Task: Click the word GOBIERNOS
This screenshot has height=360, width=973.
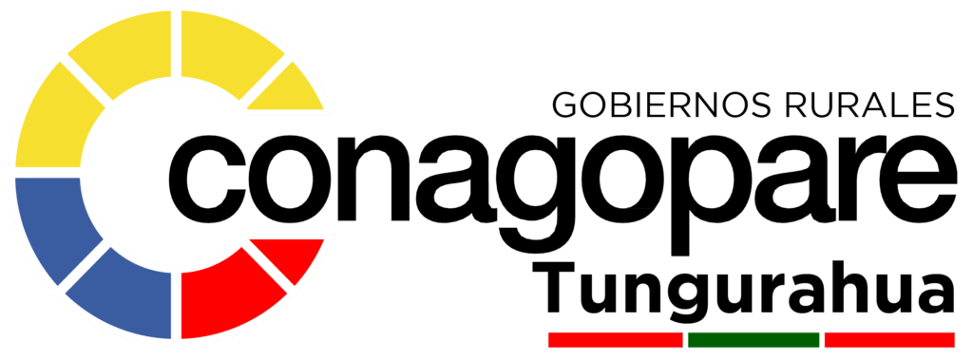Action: coord(661,104)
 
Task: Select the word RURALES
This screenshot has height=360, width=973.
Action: coord(869,104)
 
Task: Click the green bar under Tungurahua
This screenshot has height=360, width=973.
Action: coord(754,339)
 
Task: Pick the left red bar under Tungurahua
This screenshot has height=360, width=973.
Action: coord(616,339)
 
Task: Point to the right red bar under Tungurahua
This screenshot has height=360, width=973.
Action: coord(889,339)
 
